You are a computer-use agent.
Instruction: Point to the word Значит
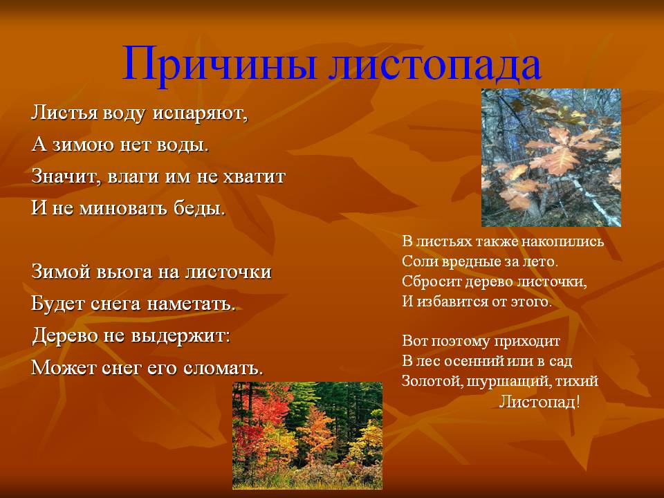click(x=66, y=176)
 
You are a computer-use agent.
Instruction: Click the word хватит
click(x=254, y=176)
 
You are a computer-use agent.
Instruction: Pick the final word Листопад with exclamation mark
click(x=539, y=401)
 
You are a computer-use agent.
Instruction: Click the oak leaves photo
click(x=551, y=158)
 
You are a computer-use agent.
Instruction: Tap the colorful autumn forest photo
click(x=307, y=436)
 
